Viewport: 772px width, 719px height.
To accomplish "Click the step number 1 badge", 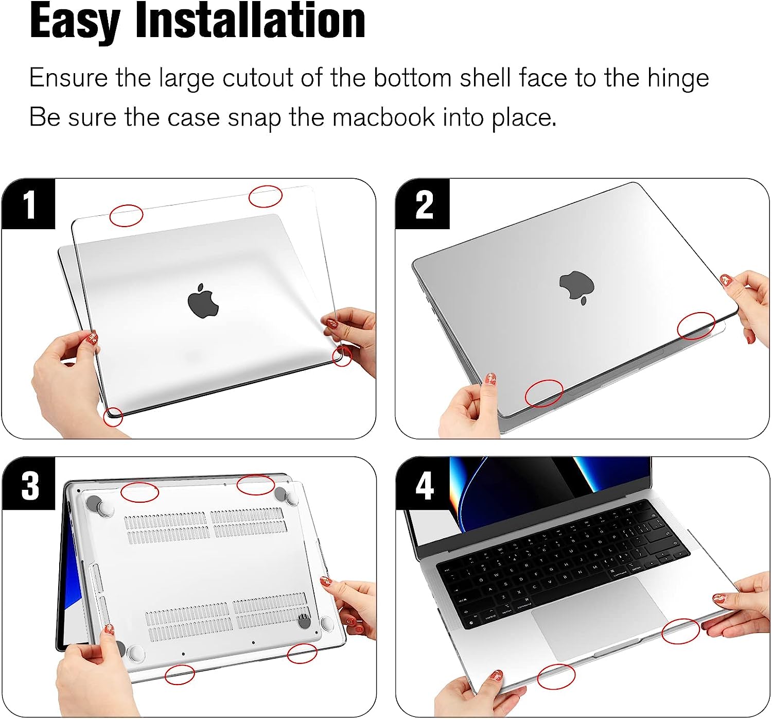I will click(29, 204).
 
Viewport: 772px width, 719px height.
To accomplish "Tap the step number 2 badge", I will click(423, 204).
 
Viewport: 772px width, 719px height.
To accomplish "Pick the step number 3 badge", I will click(29, 484).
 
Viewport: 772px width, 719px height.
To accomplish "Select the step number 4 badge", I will click(423, 484).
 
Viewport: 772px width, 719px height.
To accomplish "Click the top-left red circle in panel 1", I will click(126, 215).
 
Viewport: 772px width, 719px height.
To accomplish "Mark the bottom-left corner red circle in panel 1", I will click(113, 417).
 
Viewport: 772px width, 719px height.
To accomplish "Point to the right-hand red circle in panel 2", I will click(696, 326).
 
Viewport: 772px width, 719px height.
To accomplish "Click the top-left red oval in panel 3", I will click(139, 492).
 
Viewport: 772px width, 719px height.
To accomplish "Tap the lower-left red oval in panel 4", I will click(556, 676).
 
